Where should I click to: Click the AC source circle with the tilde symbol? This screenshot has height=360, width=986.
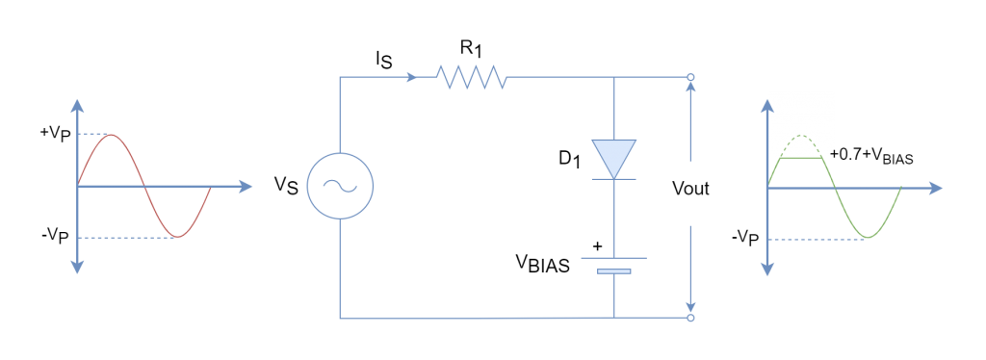click(340, 186)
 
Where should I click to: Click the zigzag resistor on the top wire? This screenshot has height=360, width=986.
click(471, 77)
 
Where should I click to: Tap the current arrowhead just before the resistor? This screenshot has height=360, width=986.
click(412, 77)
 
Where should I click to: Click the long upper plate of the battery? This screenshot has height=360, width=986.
click(613, 258)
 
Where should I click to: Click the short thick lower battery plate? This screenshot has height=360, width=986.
click(613, 271)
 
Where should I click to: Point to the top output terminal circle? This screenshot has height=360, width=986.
click(690, 77)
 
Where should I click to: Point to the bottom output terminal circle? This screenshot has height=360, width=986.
click(690, 317)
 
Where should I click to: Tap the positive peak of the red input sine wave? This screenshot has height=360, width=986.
click(113, 135)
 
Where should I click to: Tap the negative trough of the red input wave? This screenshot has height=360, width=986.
click(177, 236)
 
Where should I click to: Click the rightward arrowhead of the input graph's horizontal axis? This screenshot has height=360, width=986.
click(246, 187)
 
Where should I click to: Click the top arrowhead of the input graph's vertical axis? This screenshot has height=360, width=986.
click(77, 104)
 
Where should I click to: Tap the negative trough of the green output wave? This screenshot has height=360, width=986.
click(869, 237)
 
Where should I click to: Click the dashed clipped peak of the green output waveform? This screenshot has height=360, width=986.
click(801, 138)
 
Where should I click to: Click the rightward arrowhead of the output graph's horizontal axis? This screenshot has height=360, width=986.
click(937, 188)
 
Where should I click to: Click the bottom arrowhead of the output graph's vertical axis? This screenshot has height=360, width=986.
click(767, 270)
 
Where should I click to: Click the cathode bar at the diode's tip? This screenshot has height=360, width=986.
click(613, 179)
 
